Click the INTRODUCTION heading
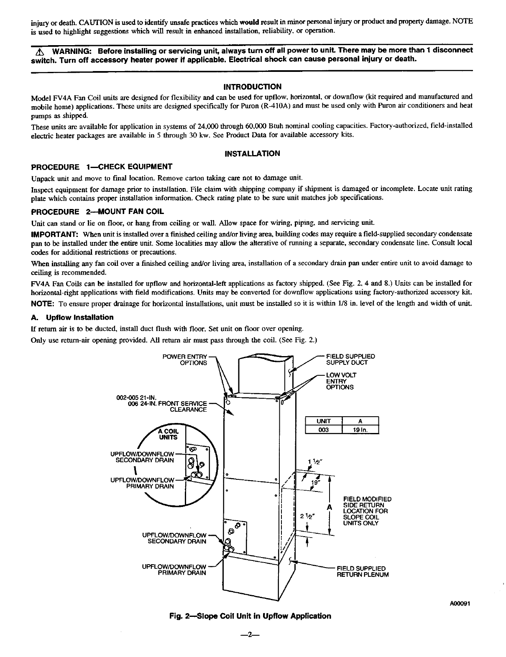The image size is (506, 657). (x=253, y=87)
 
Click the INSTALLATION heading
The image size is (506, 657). (x=253, y=153)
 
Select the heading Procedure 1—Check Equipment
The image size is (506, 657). (x=102, y=167)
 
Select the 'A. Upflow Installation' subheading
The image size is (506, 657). (x=72, y=317)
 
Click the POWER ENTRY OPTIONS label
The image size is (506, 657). (x=185, y=359)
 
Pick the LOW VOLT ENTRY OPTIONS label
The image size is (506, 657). (x=341, y=381)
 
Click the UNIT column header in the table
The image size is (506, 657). (x=324, y=421)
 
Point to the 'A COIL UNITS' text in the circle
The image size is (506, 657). (x=168, y=434)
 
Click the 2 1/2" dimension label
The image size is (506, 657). (x=307, y=515)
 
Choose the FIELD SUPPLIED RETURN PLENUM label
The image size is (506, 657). (x=363, y=571)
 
